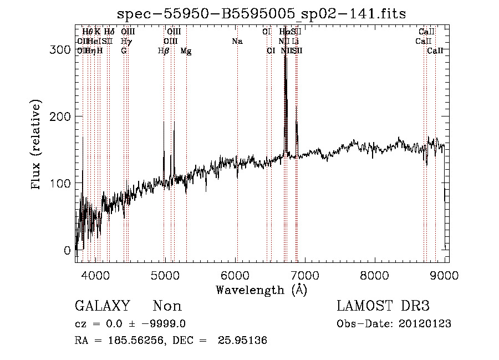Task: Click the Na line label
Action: pyautogui.click(x=237, y=41)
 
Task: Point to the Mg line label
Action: pyautogui.click(x=186, y=51)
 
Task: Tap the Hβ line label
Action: pyautogui.click(x=163, y=51)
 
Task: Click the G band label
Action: pyautogui.click(x=124, y=51)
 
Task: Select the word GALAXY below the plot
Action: pyautogui.click(x=102, y=306)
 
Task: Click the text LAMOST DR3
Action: pyautogui.click(x=383, y=306)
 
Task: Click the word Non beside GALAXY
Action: pyautogui.click(x=167, y=306)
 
